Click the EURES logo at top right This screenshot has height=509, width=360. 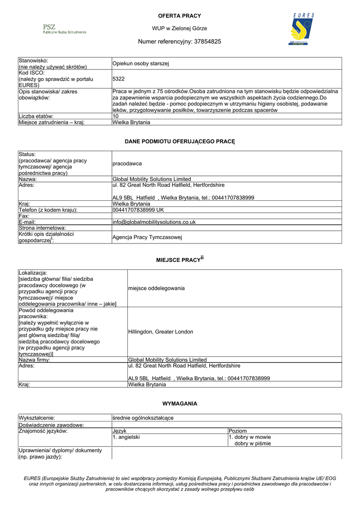[x=302, y=29]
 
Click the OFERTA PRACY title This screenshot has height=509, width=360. [x=180, y=16]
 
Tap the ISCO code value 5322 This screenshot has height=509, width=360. [x=118, y=79]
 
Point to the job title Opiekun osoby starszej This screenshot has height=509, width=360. [x=141, y=64]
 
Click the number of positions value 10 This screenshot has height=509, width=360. [x=116, y=116]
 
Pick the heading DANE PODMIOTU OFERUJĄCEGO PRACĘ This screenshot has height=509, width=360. [x=180, y=142]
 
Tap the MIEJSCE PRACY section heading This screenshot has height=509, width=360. [x=180, y=259]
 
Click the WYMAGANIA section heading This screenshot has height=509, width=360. [x=180, y=404]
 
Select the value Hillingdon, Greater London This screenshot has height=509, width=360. [x=161, y=332]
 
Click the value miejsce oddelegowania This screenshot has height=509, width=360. [x=156, y=288]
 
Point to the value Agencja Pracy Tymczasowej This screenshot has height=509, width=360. [x=147, y=237]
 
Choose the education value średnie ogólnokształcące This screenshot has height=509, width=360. [x=143, y=418]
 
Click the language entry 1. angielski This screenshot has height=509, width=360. [x=126, y=437]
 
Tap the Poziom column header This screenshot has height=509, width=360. [x=237, y=431]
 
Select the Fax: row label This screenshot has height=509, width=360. [x=23, y=216]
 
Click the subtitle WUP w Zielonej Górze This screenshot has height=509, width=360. [x=180, y=29]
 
